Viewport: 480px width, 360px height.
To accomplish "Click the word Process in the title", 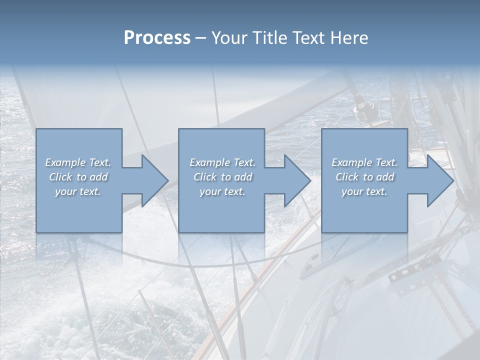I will (x=157, y=38).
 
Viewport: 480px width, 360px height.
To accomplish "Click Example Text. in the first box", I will (x=78, y=162).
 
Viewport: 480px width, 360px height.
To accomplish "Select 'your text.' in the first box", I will (x=78, y=191).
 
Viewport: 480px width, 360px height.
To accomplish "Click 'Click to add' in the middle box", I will (x=222, y=177).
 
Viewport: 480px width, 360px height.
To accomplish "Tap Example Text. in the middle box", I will (x=222, y=162).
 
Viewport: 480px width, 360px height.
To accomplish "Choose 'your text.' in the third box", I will (x=364, y=191).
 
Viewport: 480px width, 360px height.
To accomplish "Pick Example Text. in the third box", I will (x=364, y=162).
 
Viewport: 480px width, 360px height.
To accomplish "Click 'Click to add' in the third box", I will (x=364, y=177).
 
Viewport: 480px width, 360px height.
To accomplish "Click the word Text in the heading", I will (x=308, y=38).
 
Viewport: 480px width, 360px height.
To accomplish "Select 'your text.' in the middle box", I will (x=222, y=191).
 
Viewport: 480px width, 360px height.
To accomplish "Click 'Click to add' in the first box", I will (x=78, y=177).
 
